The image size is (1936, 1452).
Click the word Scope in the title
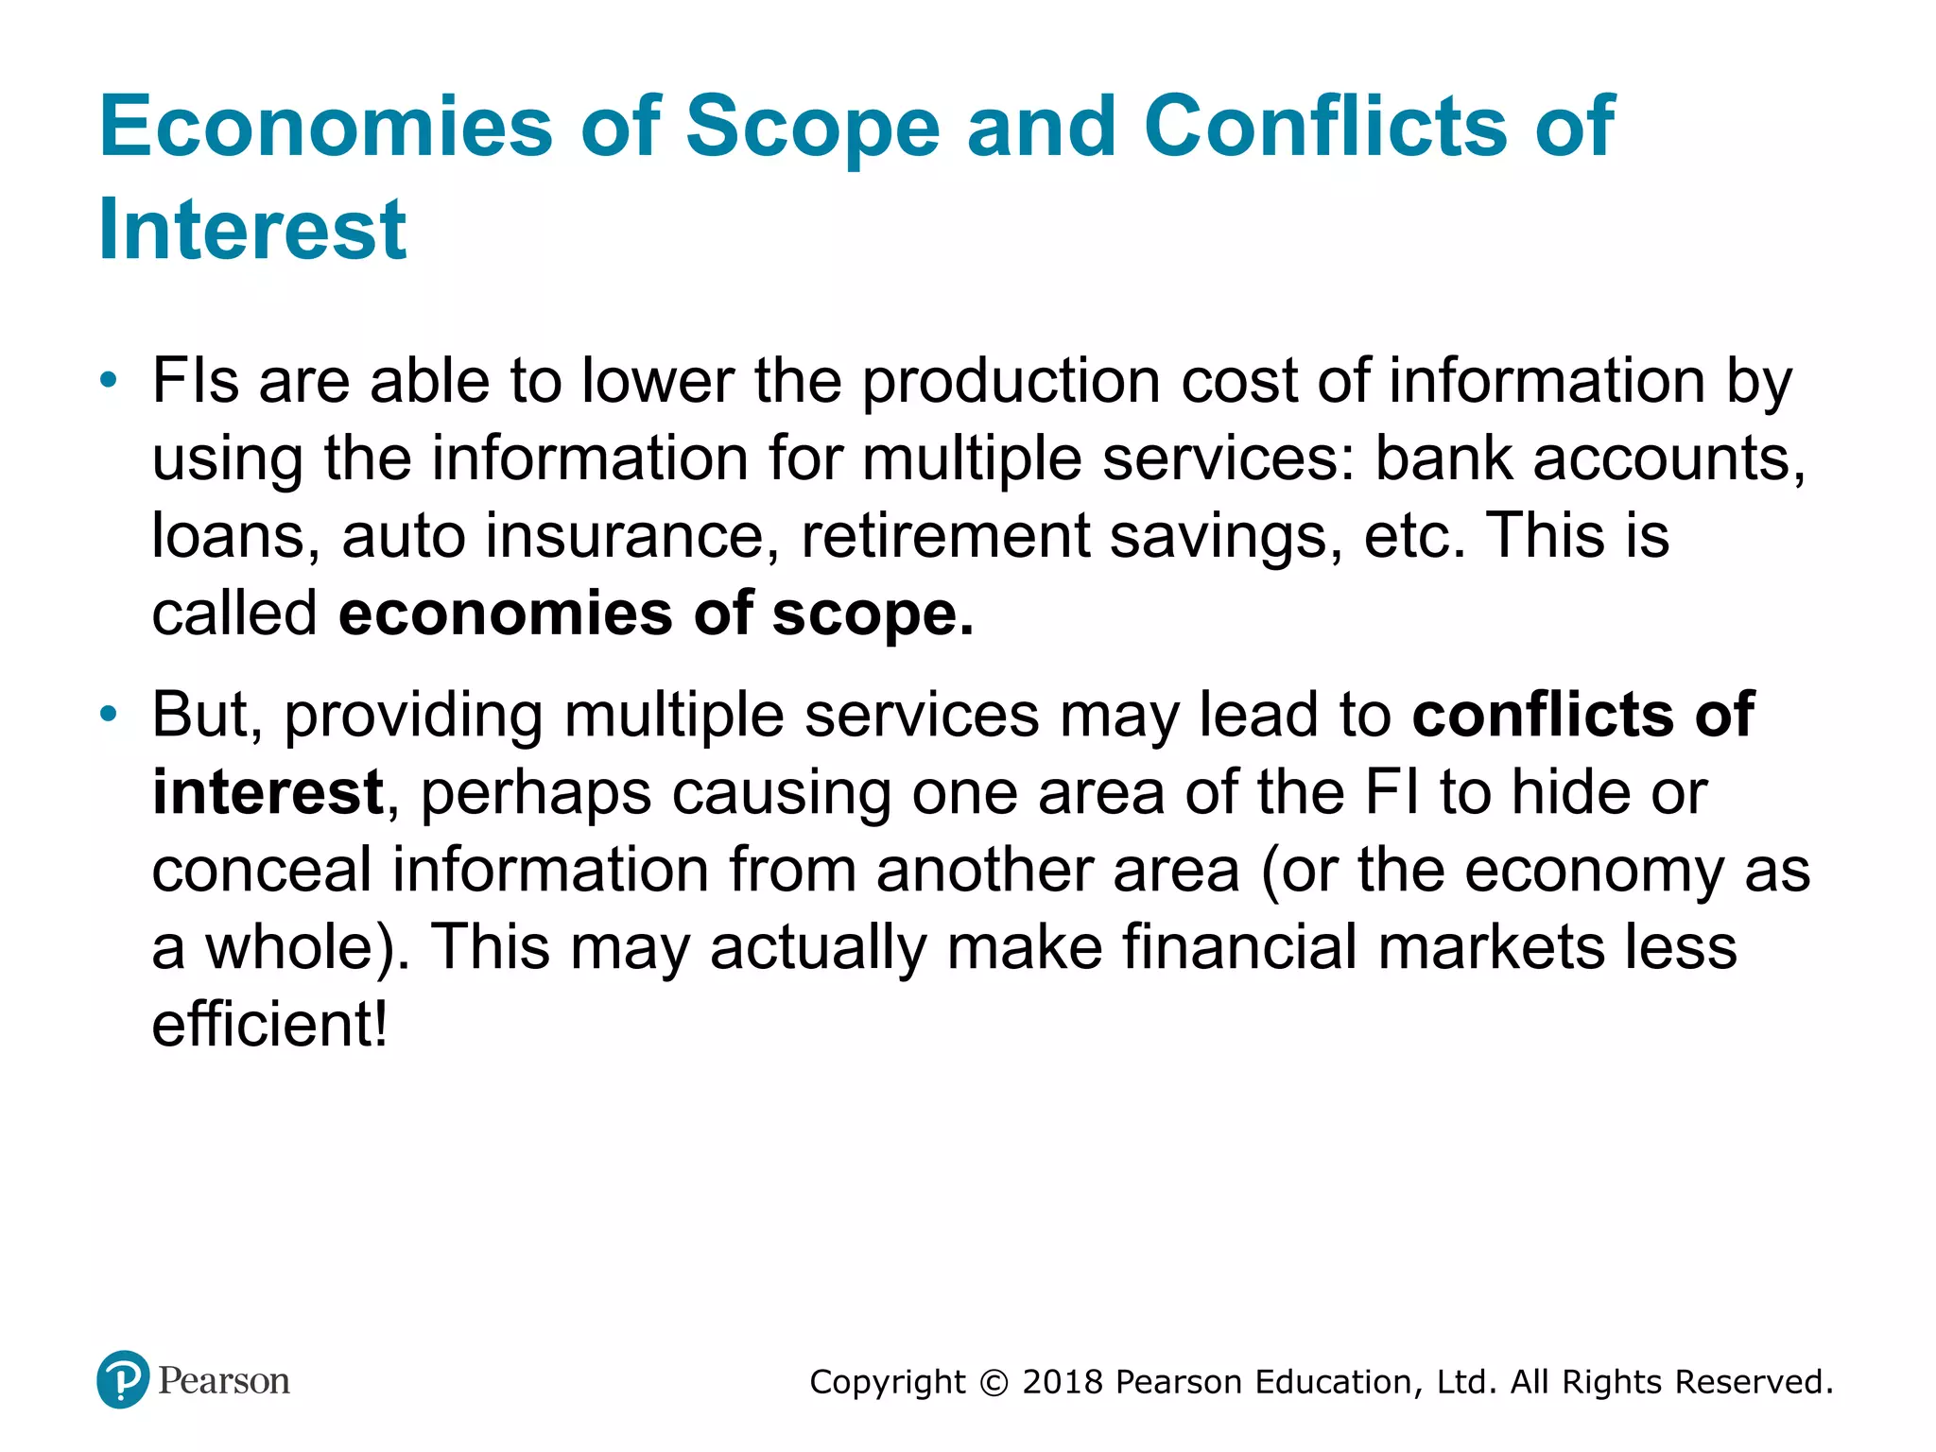[x=812, y=128]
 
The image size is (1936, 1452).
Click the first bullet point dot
[x=110, y=381]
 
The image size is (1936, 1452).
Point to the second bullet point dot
[x=110, y=714]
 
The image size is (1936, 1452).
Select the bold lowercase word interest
[x=268, y=792]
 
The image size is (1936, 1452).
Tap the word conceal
[x=262, y=870]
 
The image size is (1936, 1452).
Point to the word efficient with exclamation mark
[x=269, y=1025]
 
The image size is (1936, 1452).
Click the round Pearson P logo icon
[x=123, y=1380]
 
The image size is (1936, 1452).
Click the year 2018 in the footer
[x=1063, y=1382]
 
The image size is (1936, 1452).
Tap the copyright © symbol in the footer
[x=994, y=1383]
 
